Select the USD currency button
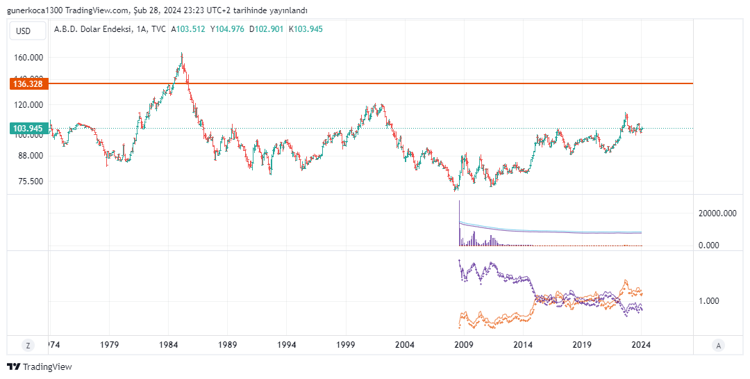point(24,31)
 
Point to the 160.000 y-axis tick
point(28,58)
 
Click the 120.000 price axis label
point(28,105)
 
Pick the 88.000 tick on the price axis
point(30,156)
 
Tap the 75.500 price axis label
point(30,181)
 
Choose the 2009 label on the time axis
point(463,345)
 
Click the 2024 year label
point(641,345)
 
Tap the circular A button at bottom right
point(719,345)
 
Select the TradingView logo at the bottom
point(40,366)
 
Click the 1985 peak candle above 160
point(182,56)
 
